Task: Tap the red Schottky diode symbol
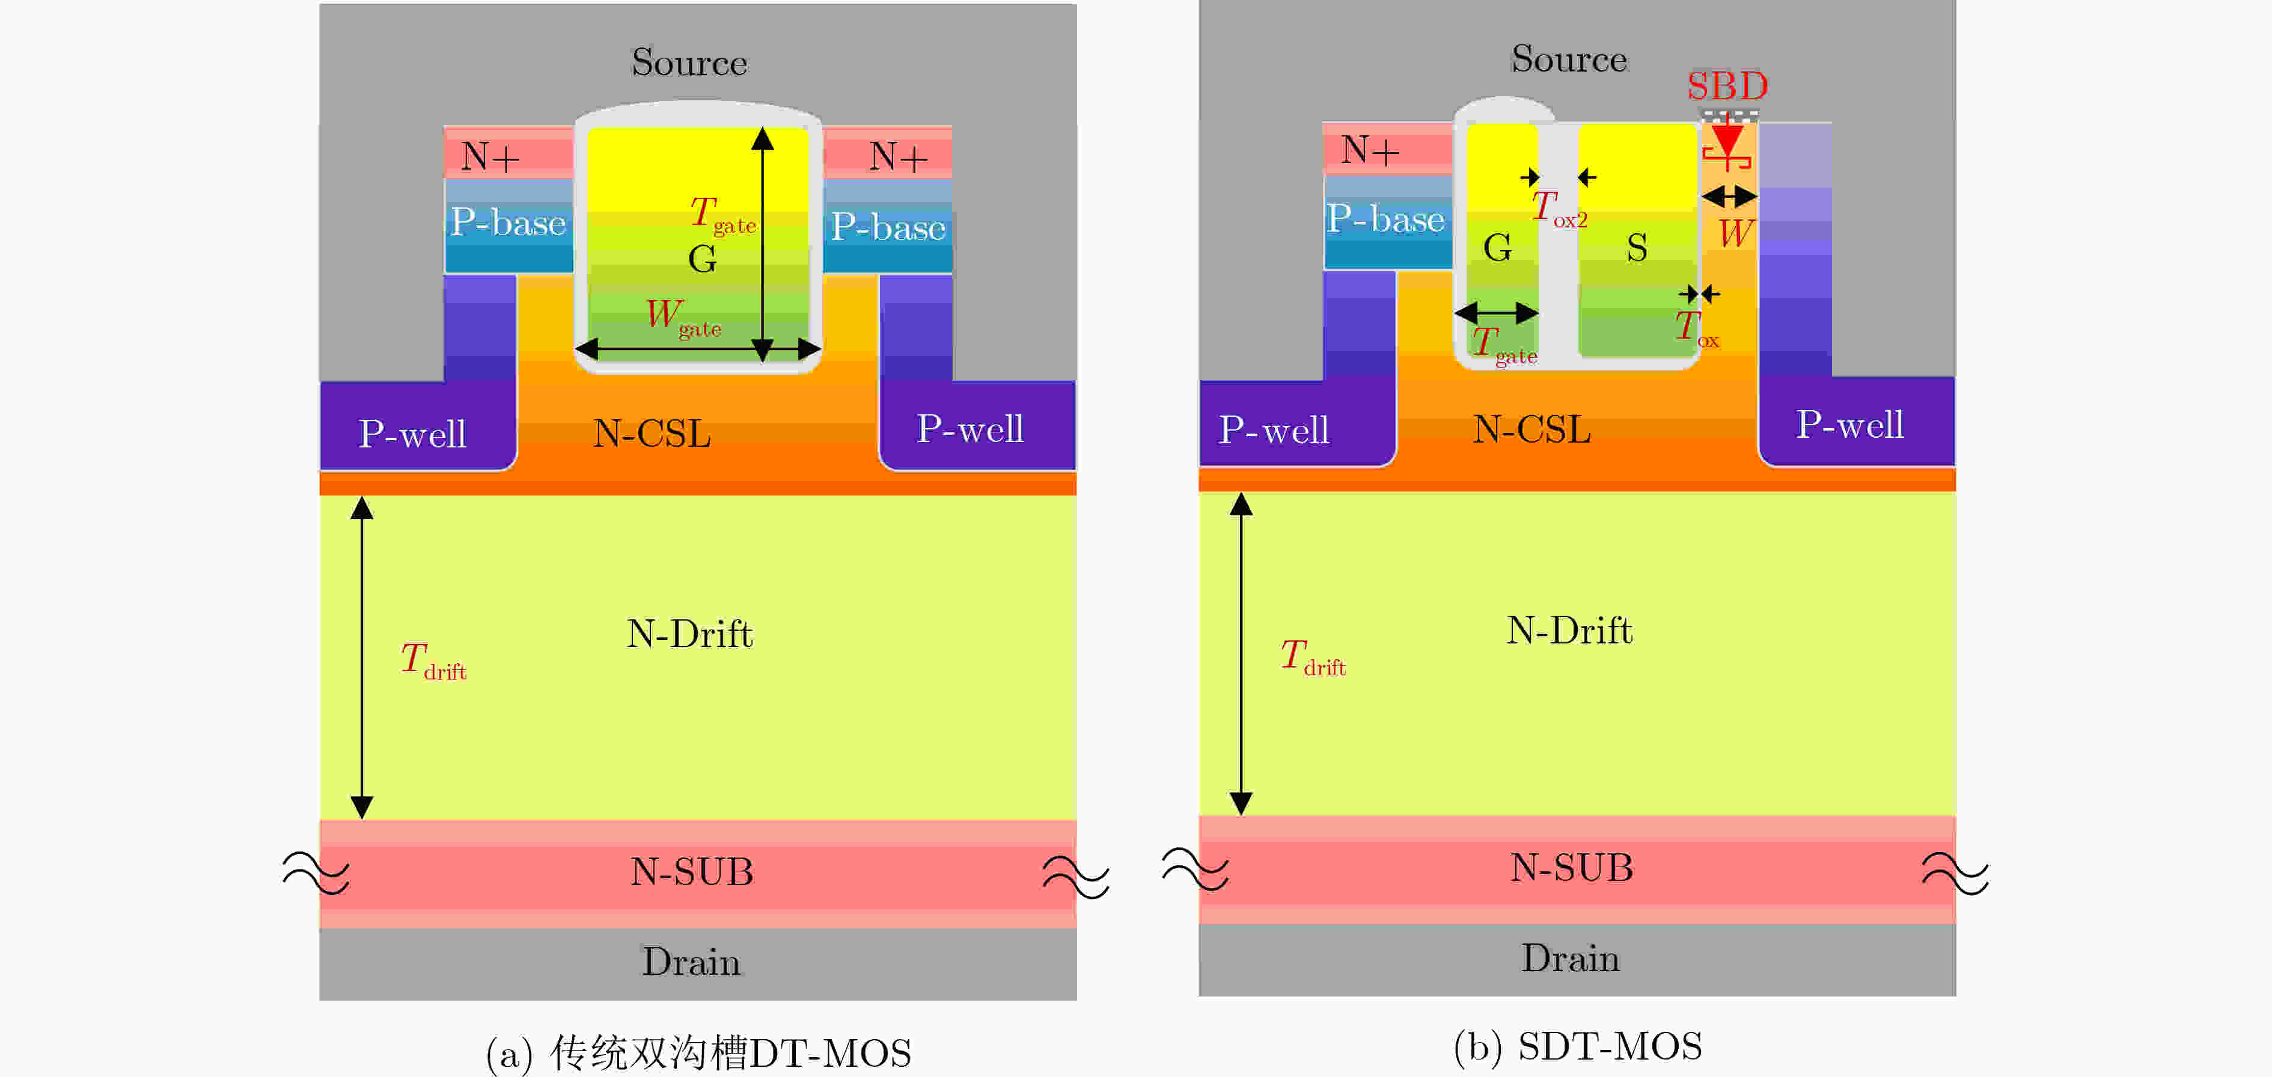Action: (x=1727, y=146)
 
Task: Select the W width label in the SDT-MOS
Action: (x=1735, y=234)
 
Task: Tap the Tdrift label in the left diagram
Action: (x=433, y=661)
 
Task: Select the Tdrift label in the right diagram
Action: (x=1312, y=657)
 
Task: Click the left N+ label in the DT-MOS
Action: (x=490, y=156)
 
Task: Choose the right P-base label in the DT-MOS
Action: (x=888, y=227)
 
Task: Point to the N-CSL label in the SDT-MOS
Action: (x=1532, y=429)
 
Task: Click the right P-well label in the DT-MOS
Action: (x=970, y=429)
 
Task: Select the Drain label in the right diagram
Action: (x=1571, y=959)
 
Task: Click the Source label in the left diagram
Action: (x=690, y=63)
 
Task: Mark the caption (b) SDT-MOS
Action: (x=1578, y=1047)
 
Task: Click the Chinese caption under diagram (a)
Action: (x=698, y=1053)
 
